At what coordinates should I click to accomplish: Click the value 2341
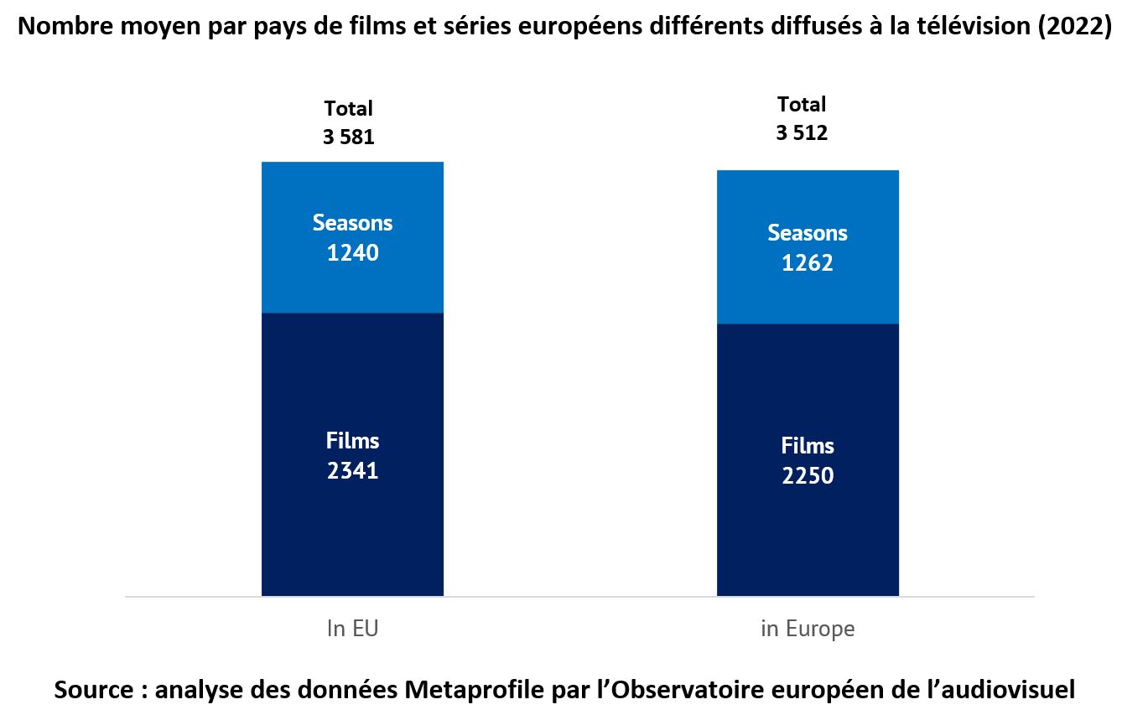coord(352,471)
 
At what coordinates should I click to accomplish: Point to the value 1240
coord(352,252)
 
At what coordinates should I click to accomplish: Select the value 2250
coord(808,476)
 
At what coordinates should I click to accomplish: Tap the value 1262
coord(808,263)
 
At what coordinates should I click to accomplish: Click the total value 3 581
coord(348,137)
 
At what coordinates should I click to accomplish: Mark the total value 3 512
coord(802,133)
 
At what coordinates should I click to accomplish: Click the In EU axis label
coord(352,629)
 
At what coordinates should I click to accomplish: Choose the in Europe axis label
coord(808,629)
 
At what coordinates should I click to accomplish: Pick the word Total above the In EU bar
coord(348,108)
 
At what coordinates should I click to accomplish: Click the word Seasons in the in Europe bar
coord(808,233)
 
